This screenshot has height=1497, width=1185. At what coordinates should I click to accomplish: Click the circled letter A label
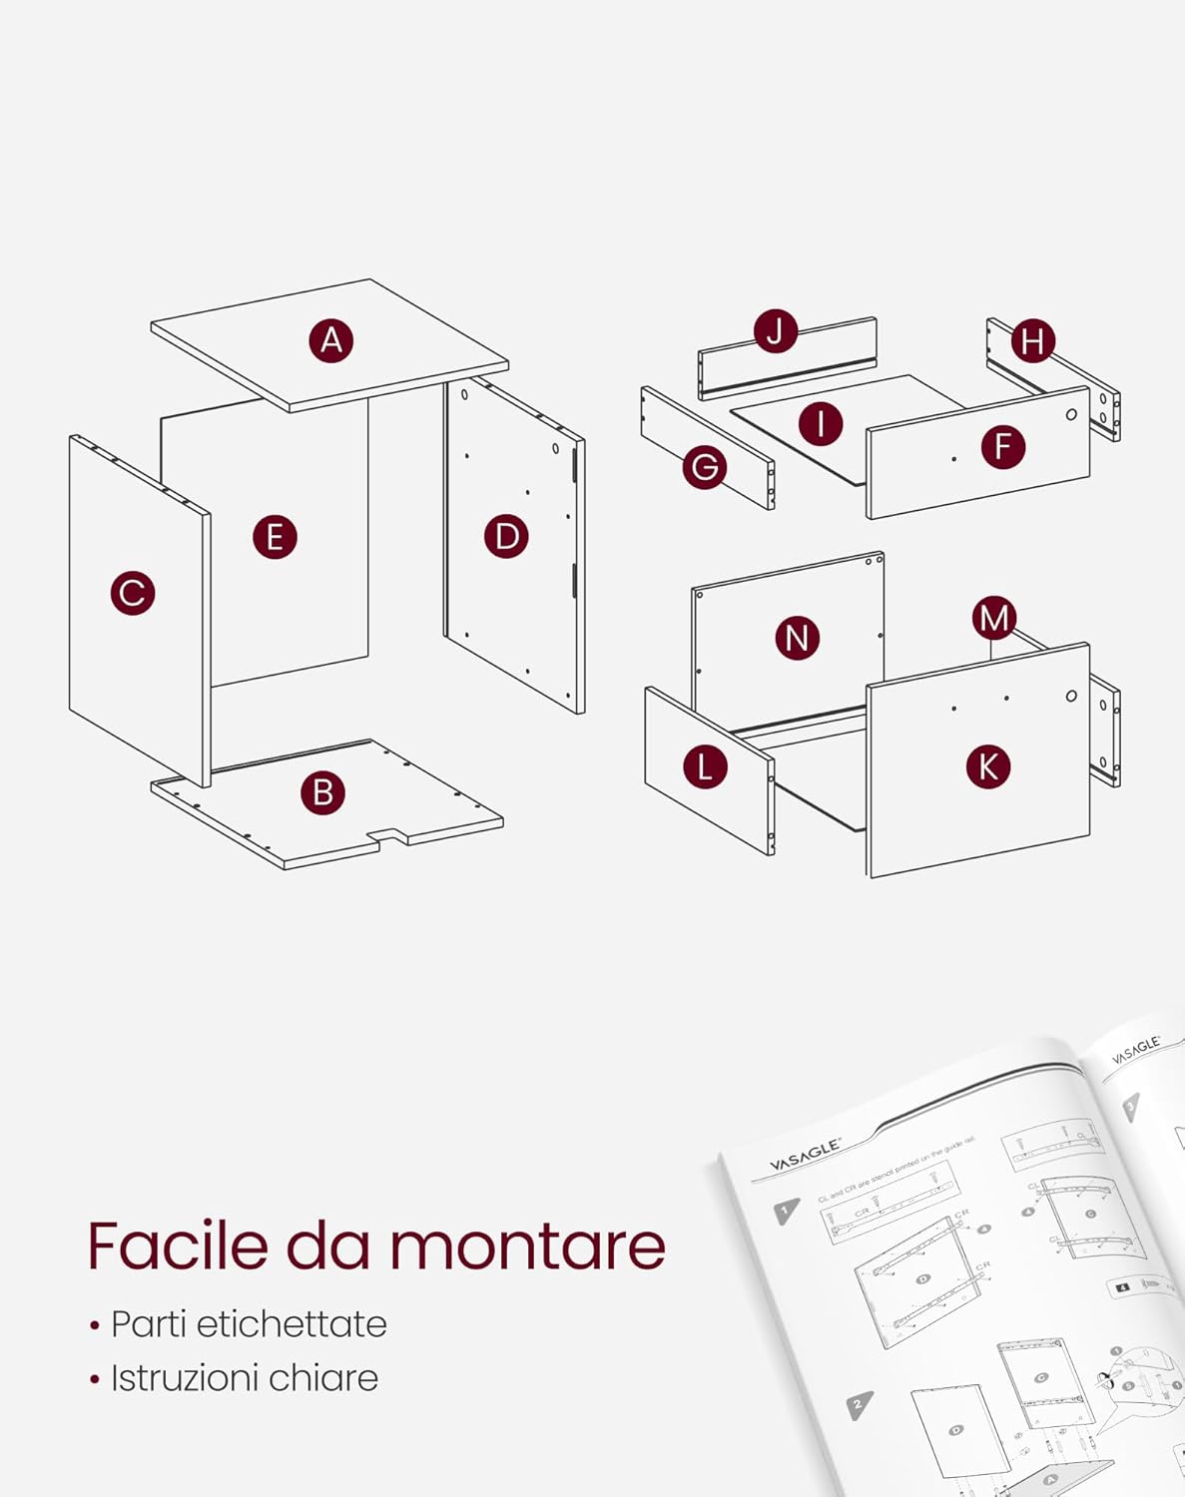click(330, 340)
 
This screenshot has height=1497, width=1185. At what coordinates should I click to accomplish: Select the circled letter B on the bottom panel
click(322, 792)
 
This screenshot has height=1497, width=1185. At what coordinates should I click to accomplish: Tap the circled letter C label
click(133, 593)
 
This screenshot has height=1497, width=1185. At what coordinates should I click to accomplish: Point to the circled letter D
click(506, 536)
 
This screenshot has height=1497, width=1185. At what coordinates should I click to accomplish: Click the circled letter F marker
click(1002, 446)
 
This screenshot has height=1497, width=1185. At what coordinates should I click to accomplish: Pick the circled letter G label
click(705, 466)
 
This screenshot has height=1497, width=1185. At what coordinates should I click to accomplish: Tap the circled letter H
click(1032, 341)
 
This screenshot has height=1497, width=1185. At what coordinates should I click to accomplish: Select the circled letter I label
click(821, 423)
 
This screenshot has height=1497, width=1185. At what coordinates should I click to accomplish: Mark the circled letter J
click(775, 330)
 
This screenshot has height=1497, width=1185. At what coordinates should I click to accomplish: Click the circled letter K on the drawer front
click(988, 766)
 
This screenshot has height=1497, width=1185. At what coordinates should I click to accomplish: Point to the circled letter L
click(705, 766)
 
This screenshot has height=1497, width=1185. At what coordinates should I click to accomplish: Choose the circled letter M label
click(994, 619)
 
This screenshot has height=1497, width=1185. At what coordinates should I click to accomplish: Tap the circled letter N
click(797, 638)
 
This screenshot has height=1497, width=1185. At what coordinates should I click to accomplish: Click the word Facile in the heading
click(178, 1246)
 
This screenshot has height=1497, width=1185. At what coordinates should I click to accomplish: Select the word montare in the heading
click(527, 1247)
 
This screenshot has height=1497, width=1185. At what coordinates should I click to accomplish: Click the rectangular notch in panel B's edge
click(387, 835)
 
